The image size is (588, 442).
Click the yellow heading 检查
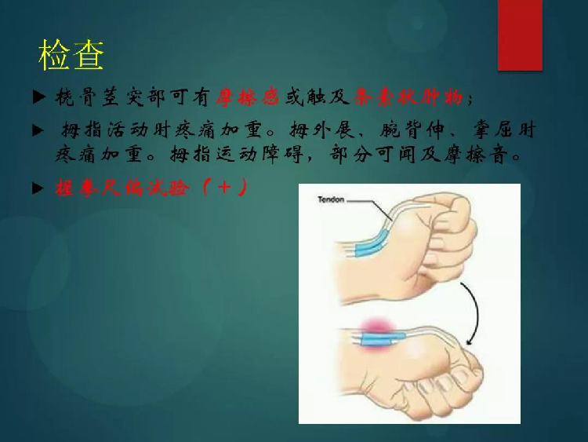[x=71, y=55]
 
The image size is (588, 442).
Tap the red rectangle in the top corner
[x=520, y=35]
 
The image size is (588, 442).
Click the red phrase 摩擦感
[x=247, y=97]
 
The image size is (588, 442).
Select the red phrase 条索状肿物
[x=408, y=97]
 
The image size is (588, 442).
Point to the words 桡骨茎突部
[x=111, y=97]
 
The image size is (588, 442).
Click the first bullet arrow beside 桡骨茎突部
[x=39, y=97]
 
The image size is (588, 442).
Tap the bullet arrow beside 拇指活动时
[x=39, y=130]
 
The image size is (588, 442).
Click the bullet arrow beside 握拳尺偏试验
[x=39, y=188]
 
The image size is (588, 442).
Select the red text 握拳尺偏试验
[x=122, y=188]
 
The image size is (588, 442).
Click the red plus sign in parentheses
[x=224, y=187]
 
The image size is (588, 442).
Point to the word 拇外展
[x=321, y=130]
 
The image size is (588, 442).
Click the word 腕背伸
[x=412, y=130]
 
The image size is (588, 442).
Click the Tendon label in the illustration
[x=331, y=199]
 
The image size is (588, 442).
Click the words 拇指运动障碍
[x=236, y=154]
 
